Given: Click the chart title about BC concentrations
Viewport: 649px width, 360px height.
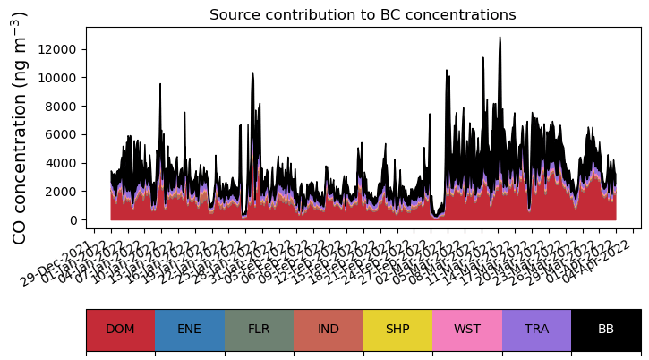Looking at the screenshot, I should (x=363, y=15).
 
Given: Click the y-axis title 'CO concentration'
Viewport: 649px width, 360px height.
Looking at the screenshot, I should (x=20, y=127).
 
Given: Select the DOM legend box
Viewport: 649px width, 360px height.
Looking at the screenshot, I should (x=120, y=330).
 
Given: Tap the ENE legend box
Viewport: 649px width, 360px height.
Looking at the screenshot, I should (x=190, y=330).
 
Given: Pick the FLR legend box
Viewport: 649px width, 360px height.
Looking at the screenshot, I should (x=259, y=330).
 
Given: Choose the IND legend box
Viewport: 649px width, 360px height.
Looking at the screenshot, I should (x=329, y=330).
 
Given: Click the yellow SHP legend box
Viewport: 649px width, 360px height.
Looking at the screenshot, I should (x=397, y=330).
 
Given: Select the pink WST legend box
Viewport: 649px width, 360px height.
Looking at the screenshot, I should (x=467, y=330).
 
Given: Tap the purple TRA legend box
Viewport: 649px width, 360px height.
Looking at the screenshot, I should (x=536, y=330).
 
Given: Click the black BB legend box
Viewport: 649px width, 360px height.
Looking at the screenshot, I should (x=606, y=330).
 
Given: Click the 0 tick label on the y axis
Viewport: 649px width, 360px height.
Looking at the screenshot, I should (x=74, y=220).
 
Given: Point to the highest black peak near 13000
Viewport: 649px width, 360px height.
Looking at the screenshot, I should (x=500, y=38).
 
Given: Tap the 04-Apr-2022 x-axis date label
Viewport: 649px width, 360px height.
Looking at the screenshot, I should (x=609, y=261).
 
